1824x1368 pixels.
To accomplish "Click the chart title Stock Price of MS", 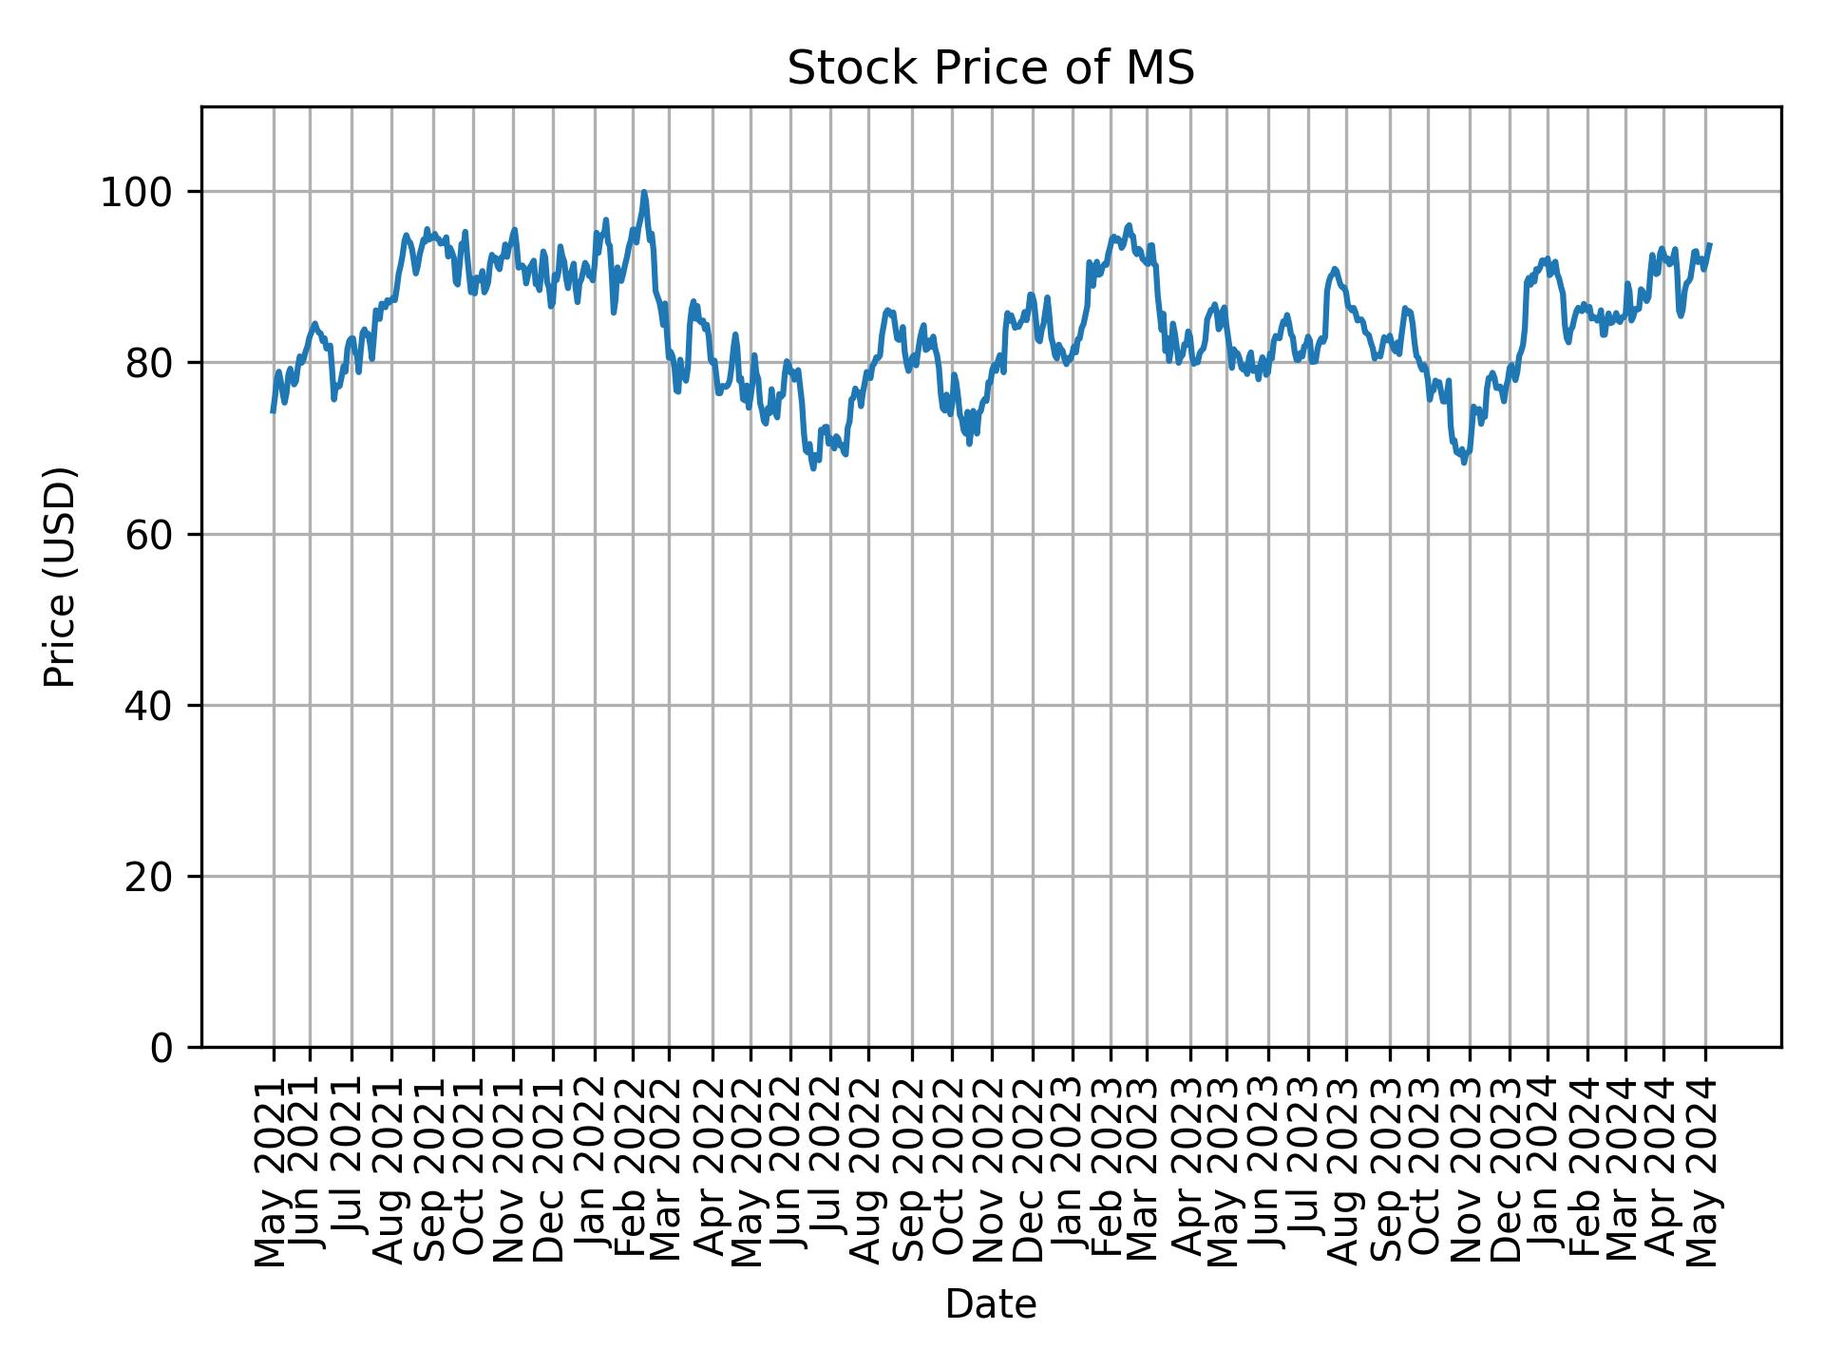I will (990, 68).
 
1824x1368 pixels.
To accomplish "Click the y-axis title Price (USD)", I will (60, 577).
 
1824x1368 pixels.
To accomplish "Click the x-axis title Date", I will (990, 1304).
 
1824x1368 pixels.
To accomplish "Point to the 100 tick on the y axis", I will (143, 193).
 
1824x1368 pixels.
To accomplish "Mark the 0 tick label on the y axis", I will (163, 1048).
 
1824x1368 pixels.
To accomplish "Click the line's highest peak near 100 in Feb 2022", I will (644, 192).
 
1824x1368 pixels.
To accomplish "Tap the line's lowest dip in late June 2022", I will (813, 467).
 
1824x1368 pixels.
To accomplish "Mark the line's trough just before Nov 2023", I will (1464, 463).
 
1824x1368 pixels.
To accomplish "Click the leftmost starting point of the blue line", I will (274, 410).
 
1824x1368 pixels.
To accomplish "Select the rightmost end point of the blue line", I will (1710, 245).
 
